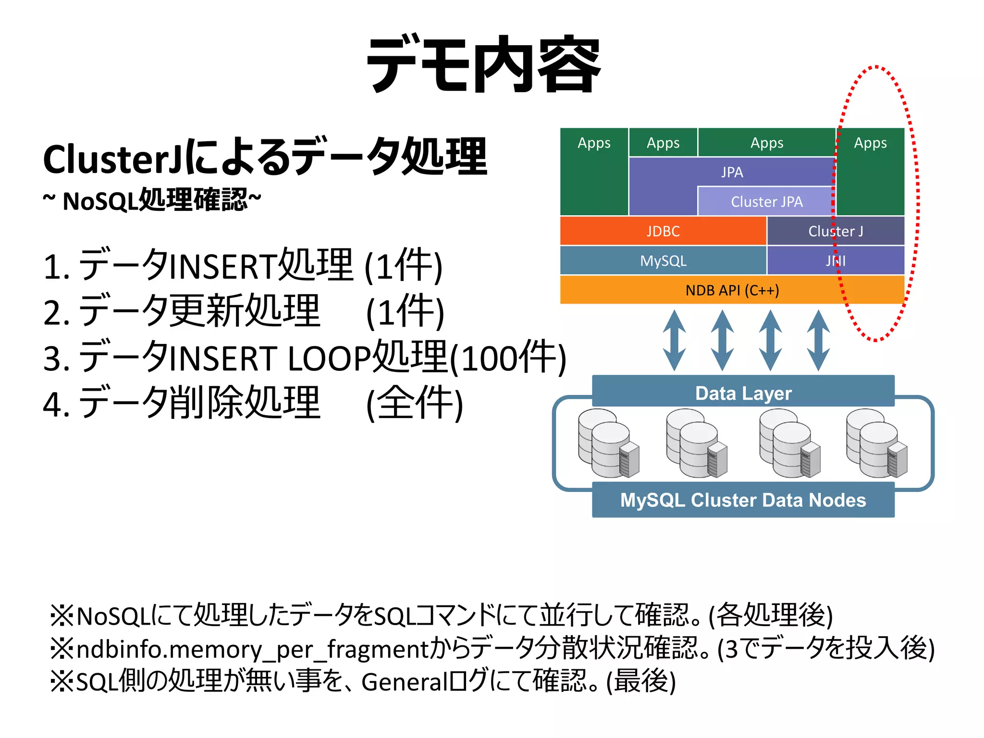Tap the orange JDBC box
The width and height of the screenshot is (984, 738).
coord(663,231)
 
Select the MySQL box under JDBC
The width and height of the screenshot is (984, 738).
coord(663,261)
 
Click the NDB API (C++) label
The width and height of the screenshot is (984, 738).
coord(732,290)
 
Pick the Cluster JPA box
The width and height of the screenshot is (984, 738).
coord(766,201)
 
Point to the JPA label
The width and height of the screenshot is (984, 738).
coord(732,172)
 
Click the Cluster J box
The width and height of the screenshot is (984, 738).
coord(836,231)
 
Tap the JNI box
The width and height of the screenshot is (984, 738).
coord(836,261)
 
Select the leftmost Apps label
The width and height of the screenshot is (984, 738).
coord(594,143)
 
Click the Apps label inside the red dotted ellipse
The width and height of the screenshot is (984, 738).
coord(870,143)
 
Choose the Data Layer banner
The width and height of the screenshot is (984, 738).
coord(743,393)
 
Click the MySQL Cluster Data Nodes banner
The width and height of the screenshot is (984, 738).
coord(743,500)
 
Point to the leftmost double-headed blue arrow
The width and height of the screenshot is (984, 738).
coord(674,340)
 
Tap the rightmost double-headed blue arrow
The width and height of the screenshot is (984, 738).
coord(818,340)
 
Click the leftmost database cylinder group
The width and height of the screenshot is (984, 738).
coord(608,443)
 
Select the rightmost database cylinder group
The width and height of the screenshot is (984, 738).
coord(876,443)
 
